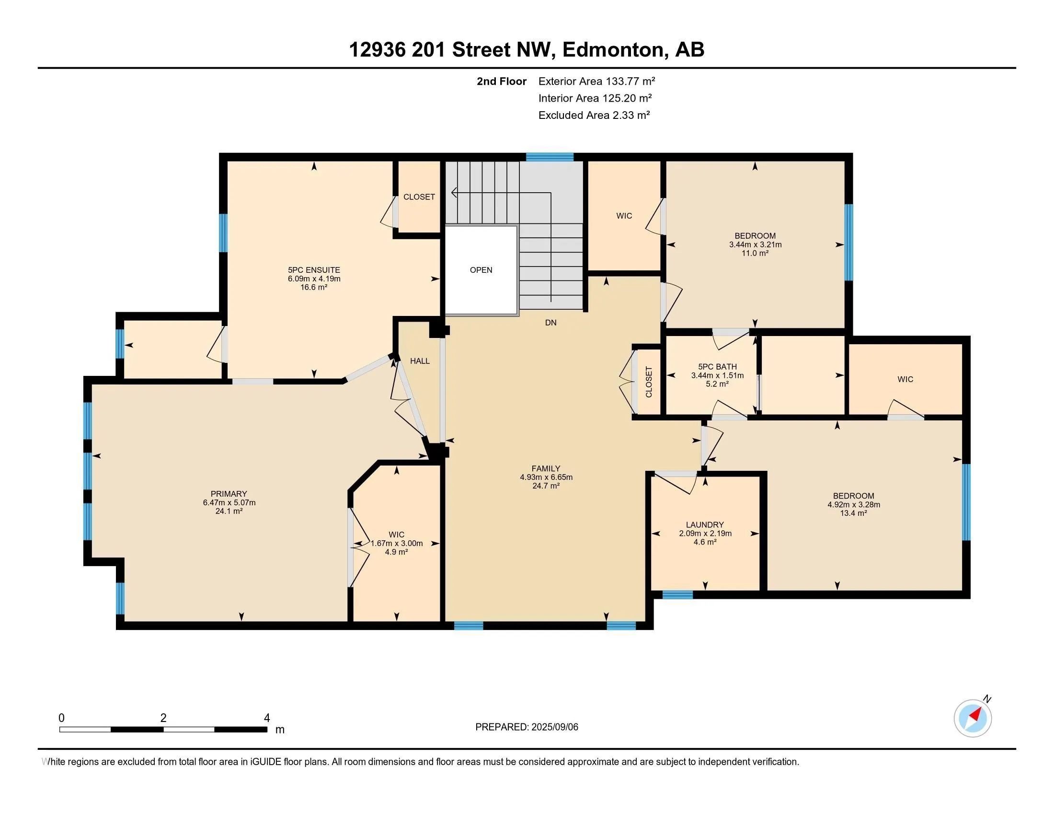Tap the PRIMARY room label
coord(229,493)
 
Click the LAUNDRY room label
coord(705,524)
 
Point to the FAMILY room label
coord(546,468)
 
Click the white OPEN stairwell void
coord(481,270)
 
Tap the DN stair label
coord(550,323)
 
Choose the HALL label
coord(420,361)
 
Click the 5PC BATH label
coord(717,366)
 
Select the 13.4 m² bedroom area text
coord(854,513)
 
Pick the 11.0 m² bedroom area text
coord(755,253)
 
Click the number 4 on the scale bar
coord(267,718)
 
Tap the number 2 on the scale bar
coord(163,718)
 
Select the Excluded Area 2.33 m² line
coord(594,115)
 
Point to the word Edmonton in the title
coord(613,49)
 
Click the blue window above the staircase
coord(550,156)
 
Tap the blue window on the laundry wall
coord(677,595)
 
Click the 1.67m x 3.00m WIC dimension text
coord(396,543)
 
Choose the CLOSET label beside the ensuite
coord(419,197)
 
